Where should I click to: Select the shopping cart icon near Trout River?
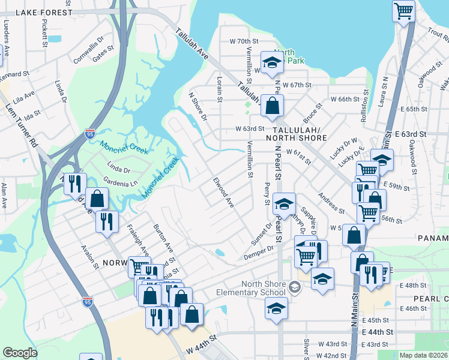click(403, 11)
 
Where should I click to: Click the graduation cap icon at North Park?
click(271, 63)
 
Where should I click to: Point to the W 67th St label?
click(297, 85)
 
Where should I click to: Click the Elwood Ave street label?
click(223, 192)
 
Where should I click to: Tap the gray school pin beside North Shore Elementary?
click(294, 287)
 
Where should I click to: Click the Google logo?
click(20, 353)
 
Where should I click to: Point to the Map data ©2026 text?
click(423, 355)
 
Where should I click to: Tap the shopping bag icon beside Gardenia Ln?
click(97, 199)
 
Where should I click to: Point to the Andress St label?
click(331, 203)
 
